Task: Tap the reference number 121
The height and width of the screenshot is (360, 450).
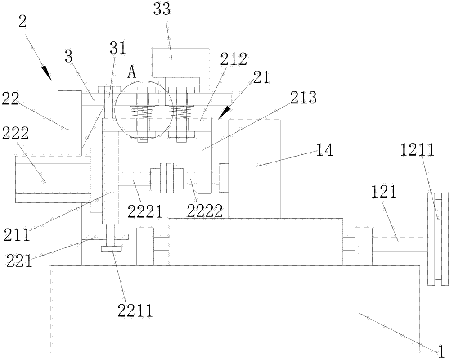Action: click(384, 192)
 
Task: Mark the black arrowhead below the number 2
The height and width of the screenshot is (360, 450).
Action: click(47, 73)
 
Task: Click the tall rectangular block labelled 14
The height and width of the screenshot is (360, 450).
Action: click(255, 169)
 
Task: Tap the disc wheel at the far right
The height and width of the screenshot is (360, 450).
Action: click(438, 239)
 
